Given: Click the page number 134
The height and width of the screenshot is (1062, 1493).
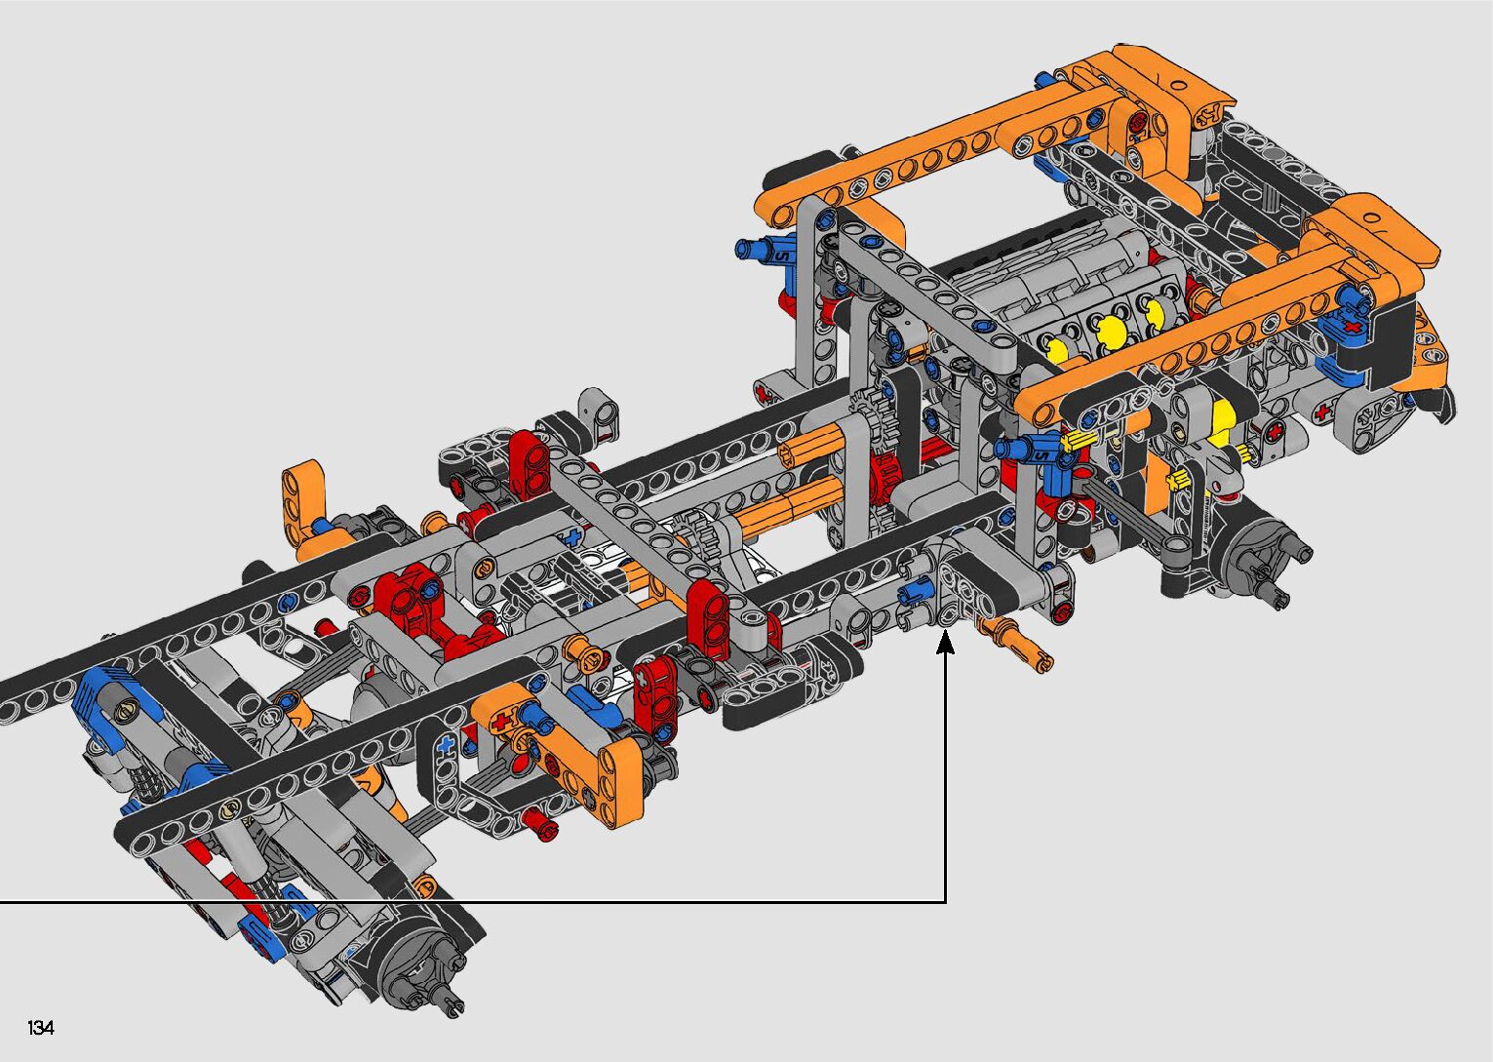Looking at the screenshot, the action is (41, 1027).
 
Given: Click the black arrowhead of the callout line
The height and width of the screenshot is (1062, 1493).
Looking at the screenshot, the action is (945, 644).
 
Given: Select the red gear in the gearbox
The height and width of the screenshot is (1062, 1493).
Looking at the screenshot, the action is (884, 472).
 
